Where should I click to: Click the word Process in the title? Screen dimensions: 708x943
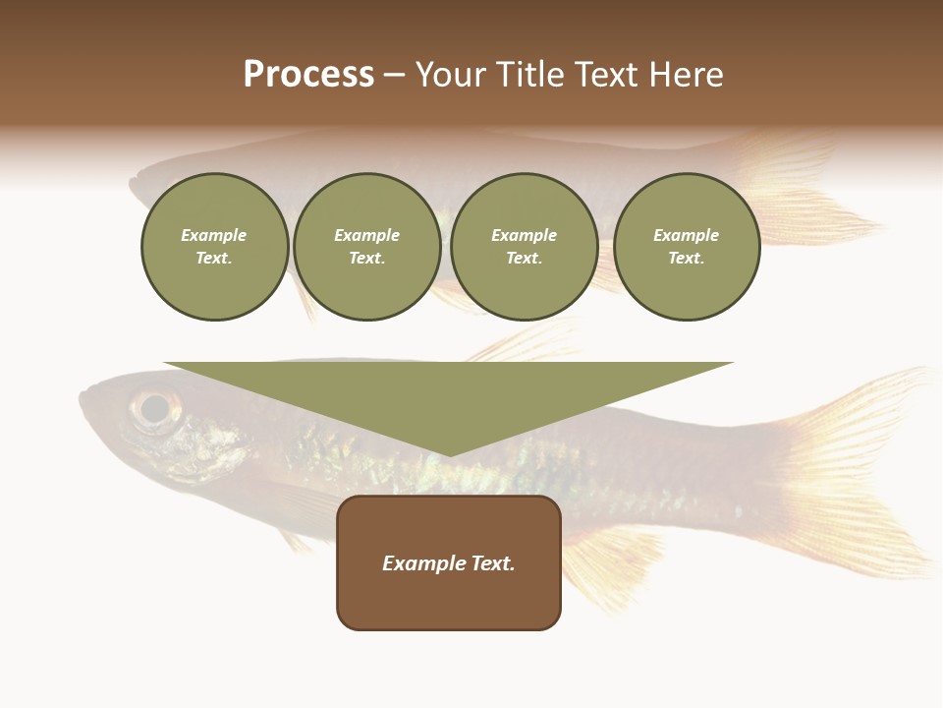coord(308,75)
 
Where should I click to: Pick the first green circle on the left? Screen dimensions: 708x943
coord(214,247)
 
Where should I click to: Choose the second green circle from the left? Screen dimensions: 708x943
coord(367,247)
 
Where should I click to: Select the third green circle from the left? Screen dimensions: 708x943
coord(525,247)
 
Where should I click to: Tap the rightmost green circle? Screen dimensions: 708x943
coord(687,247)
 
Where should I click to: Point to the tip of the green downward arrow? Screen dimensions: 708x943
coord(449,453)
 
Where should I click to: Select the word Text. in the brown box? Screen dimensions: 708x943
coord(493,563)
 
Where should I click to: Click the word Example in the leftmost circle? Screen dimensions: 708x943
coord(214,235)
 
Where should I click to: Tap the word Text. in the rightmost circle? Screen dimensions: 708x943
coord(687,259)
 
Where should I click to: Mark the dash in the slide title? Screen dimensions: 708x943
coord(395,76)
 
